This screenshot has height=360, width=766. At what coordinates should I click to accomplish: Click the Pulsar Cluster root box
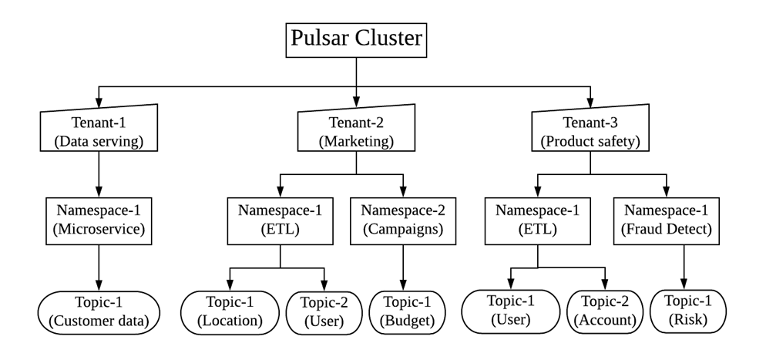[x=356, y=38]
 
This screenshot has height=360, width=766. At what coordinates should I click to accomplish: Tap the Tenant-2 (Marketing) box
[x=356, y=130]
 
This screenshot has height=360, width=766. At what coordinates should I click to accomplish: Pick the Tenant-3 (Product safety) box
[x=590, y=130]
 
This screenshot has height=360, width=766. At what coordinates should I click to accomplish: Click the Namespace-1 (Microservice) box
[x=98, y=223]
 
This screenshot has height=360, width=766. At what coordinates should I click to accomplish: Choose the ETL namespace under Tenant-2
[x=280, y=223]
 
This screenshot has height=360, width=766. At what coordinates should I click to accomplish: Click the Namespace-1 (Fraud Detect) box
[x=667, y=223]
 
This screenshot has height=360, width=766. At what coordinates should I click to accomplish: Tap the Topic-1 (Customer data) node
[x=98, y=311]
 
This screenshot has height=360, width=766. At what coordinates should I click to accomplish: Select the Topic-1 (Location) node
[x=230, y=311]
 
